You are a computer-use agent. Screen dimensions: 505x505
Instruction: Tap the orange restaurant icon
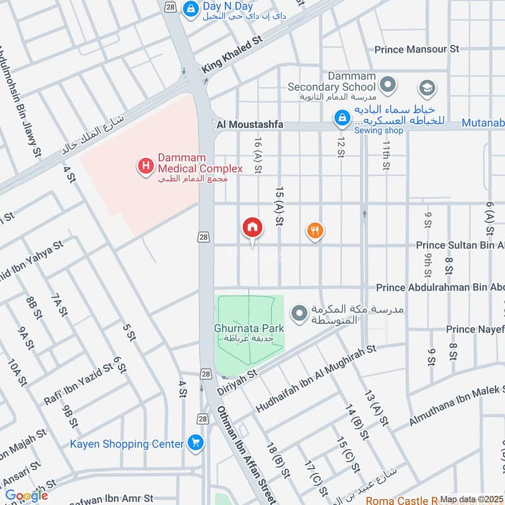click(315, 231)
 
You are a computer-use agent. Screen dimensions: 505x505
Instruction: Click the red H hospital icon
click(145, 167)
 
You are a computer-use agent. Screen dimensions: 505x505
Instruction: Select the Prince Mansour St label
click(417, 49)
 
